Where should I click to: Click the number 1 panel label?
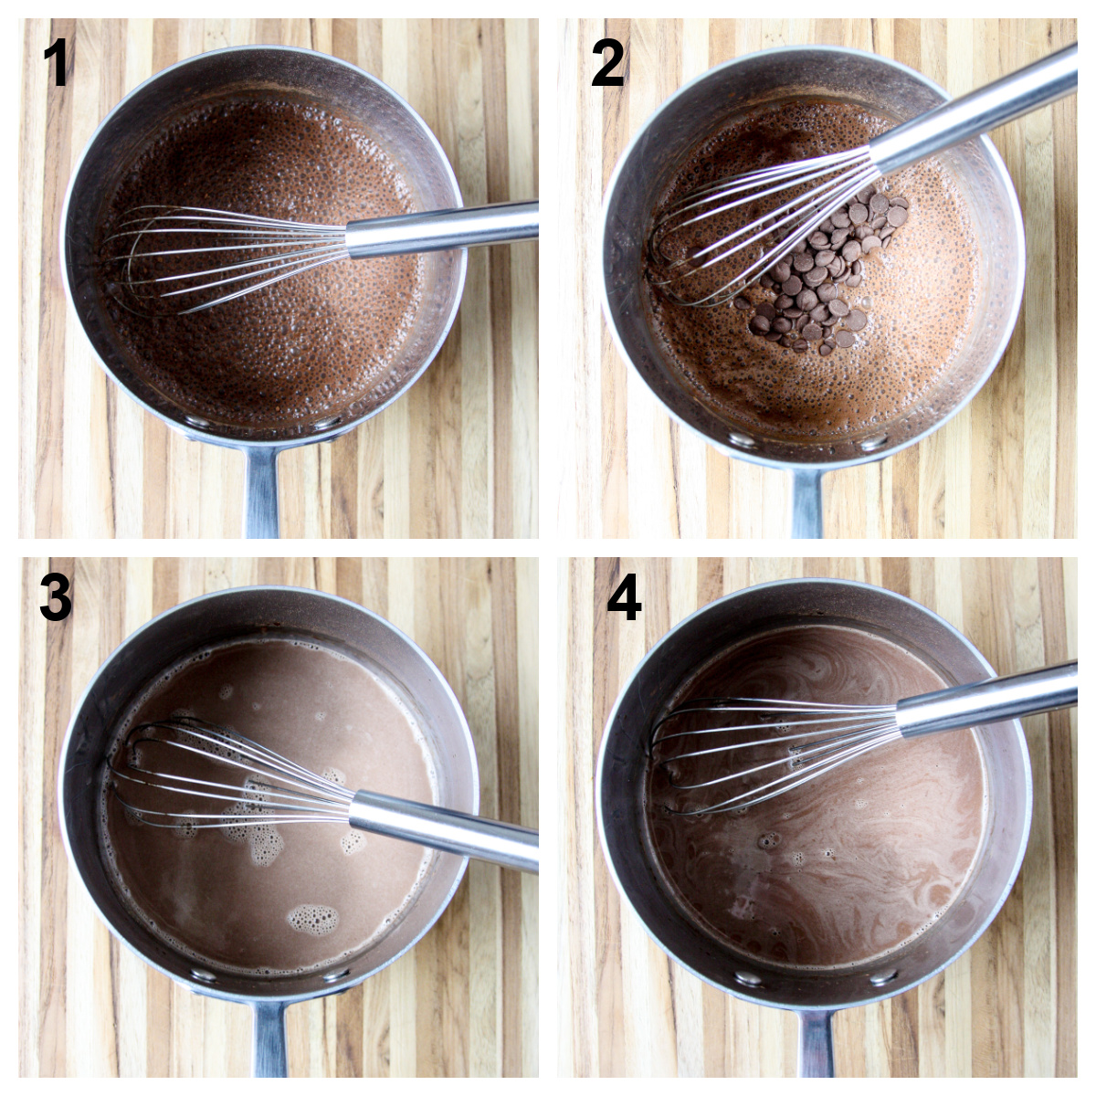(x=57, y=64)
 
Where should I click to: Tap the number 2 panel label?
(x=607, y=64)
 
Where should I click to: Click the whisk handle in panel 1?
(x=442, y=230)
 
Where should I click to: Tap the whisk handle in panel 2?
(x=973, y=109)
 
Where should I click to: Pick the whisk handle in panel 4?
(x=986, y=701)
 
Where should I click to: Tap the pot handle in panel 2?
(x=806, y=501)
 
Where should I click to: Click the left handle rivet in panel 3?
(x=203, y=975)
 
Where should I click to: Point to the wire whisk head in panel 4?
(x=774, y=755)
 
